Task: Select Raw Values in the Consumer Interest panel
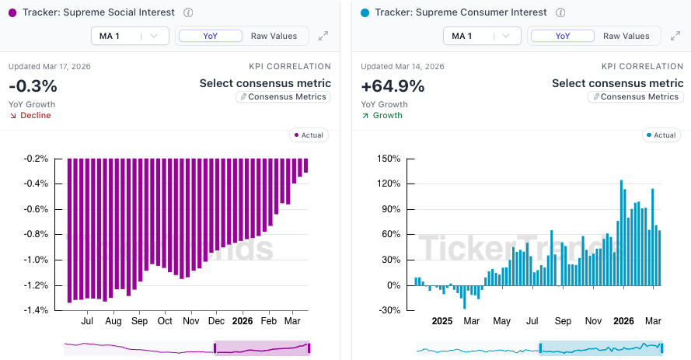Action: coord(626,36)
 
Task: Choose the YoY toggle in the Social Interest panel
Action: coord(210,36)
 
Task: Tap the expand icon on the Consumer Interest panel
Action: coord(675,36)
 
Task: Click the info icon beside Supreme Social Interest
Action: coord(189,12)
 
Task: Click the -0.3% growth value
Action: coord(33,86)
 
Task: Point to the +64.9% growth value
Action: coord(393,86)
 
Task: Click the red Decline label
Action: coord(36,116)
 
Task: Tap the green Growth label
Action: coord(387,116)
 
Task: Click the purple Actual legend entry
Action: coord(309,135)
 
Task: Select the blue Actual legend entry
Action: coord(661,135)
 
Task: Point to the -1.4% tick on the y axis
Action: coord(36,310)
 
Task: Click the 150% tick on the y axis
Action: coord(389,159)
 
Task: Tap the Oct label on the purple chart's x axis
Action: coord(165,320)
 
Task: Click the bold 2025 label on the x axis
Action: coord(442,320)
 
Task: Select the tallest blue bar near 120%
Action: coord(622,233)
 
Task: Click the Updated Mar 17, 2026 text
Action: coord(50,67)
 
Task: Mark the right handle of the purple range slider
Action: coord(309,348)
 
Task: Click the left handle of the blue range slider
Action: coord(540,348)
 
